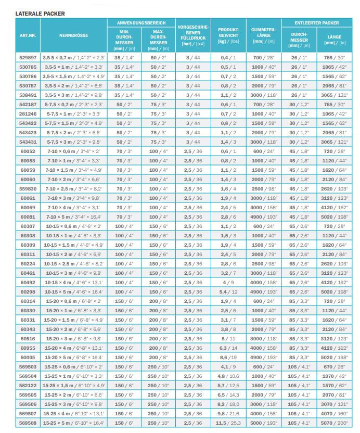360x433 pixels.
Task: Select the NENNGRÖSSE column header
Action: [x=73, y=35]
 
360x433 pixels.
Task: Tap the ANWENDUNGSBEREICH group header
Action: [x=141, y=23]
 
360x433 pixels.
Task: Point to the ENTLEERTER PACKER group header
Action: [x=317, y=23]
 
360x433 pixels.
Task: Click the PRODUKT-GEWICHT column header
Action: [x=228, y=35]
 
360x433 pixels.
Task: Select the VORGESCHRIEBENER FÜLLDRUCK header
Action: [x=193, y=35]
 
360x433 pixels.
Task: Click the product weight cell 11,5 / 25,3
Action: [x=228, y=423]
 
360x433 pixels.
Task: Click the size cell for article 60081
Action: [x=73, y=216]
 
